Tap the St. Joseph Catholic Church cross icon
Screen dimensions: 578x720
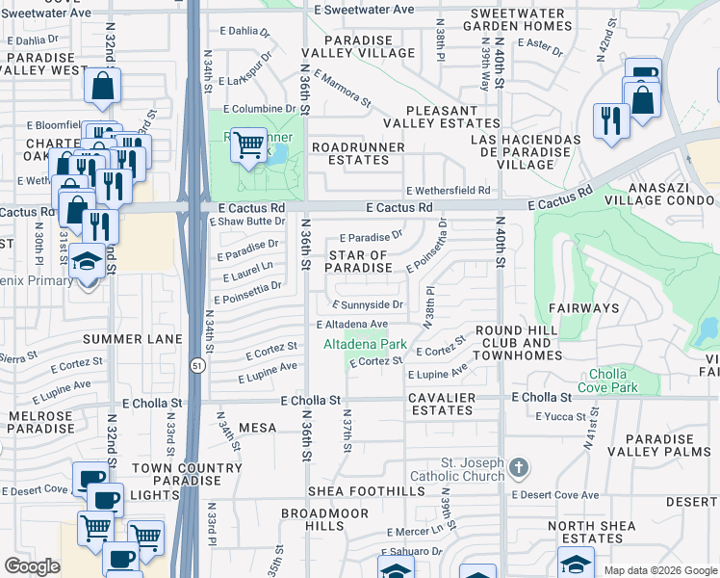tap(519, 469)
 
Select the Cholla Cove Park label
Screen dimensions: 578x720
tap(608, 381)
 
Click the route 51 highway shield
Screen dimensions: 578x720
tap(196, 366)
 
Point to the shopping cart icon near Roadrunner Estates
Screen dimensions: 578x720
tap(249, 144)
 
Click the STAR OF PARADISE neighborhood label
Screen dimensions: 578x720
tap(359, 261)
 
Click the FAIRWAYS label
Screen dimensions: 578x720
tap(583, 308)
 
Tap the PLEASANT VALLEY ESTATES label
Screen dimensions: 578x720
tap(442, 118)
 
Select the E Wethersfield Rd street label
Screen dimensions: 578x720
tap(448, 191)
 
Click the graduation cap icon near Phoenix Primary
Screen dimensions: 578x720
tap(88, 260)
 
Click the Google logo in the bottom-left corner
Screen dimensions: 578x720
tap(32, 566)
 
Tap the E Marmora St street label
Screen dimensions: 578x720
tap(342, 88)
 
